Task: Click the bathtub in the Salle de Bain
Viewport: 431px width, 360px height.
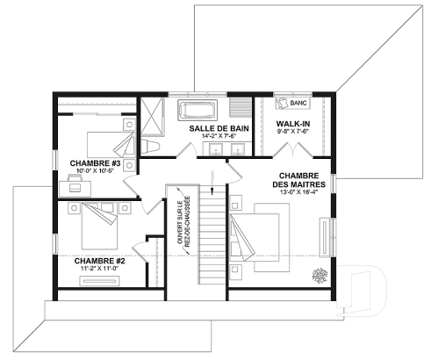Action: point(198,110)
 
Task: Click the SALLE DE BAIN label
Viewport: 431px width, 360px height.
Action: point(217,128)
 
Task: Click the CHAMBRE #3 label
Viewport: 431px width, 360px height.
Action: point(97,163)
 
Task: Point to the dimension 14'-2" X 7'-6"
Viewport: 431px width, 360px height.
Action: point(217,137)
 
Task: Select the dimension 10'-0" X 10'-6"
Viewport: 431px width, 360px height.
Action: point(97,172)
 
